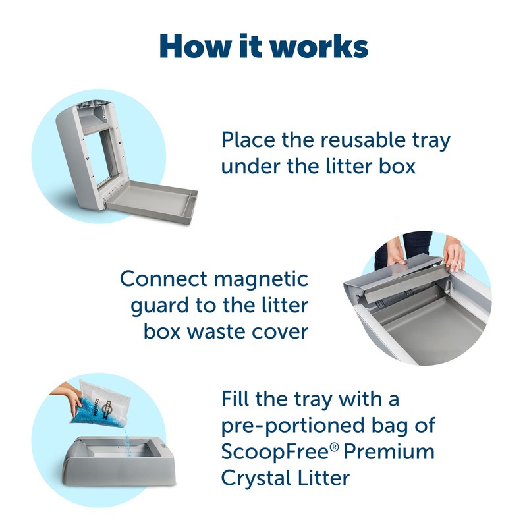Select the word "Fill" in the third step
pos(236,400)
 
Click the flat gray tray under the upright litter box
pos(152,201)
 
